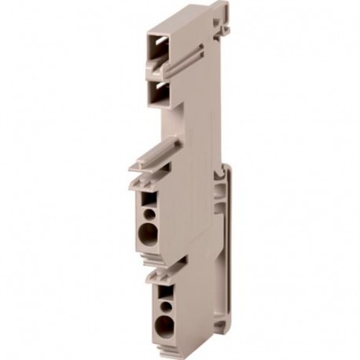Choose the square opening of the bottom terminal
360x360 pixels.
coord(164,290)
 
